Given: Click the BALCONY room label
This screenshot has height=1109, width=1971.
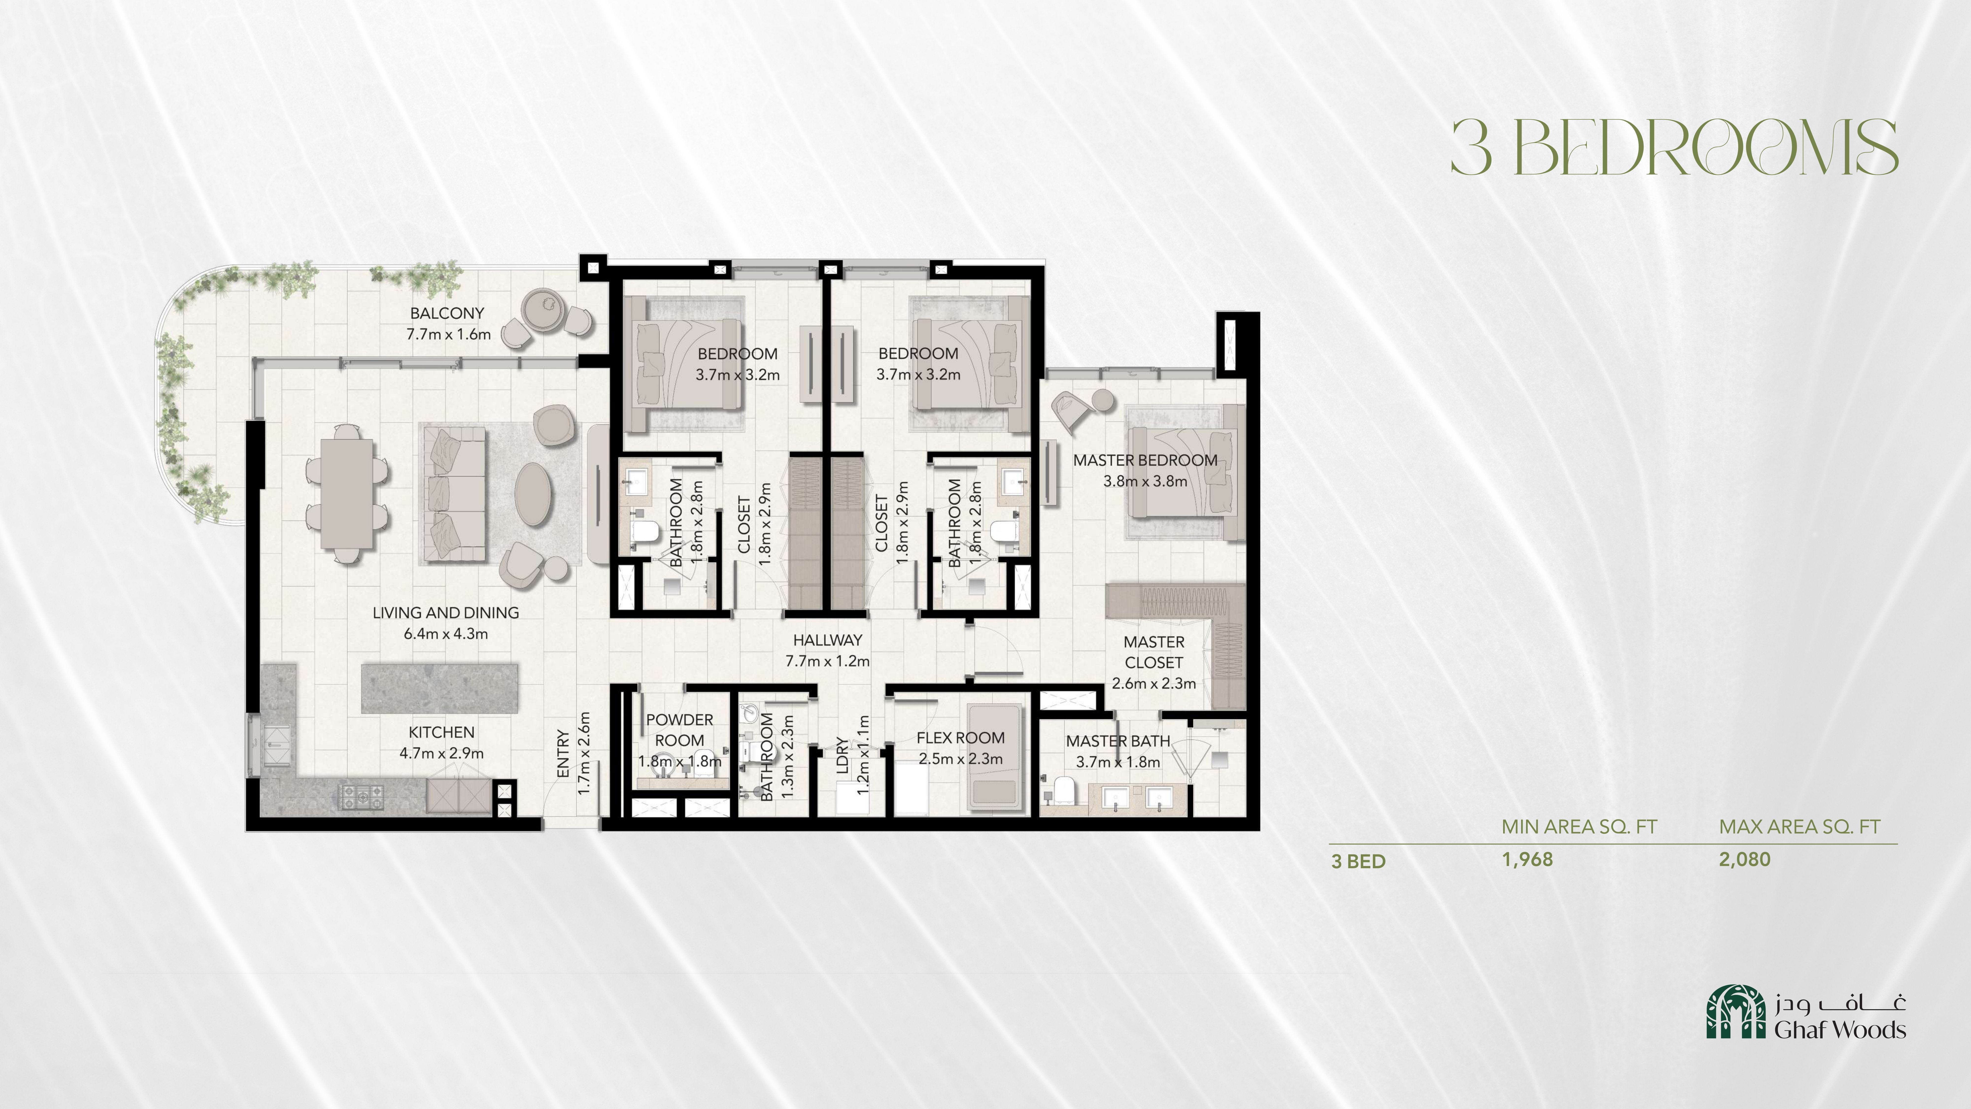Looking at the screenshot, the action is pos(447,313).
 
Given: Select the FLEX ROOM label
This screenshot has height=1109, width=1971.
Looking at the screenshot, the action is pos(960,738).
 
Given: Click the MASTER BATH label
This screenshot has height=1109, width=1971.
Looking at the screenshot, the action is pos(1118,741).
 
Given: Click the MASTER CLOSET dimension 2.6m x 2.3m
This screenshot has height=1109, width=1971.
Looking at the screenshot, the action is pos(1154,683).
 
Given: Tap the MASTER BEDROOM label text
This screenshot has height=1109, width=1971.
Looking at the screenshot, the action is pos(1145,460).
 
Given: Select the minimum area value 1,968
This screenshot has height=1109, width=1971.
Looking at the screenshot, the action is pos(1527,860).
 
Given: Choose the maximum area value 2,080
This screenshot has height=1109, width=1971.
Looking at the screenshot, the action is pos(1745,860).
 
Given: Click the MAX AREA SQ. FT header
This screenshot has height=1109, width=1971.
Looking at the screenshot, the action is pos(1800,827).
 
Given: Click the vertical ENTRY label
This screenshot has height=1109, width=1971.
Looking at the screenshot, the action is pos(563,754).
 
